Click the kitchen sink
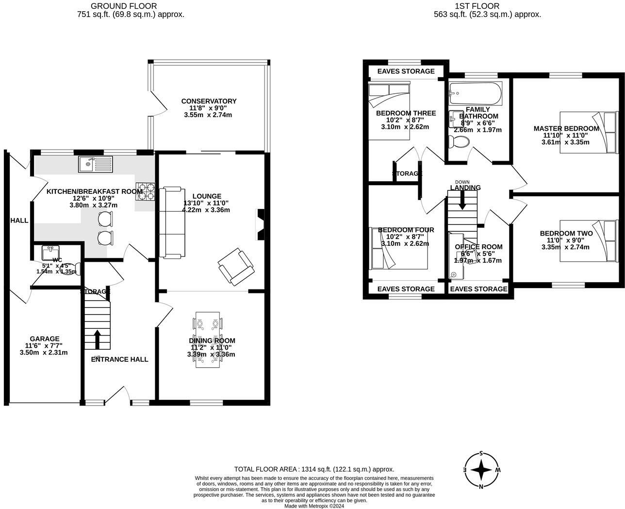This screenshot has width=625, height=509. tap(95, 164)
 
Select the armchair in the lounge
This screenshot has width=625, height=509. tap(236, 267)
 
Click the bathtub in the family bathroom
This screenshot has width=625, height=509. tap(476, 93)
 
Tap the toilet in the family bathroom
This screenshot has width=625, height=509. tap(458, 142)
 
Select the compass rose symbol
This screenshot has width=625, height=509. tap(481, 470)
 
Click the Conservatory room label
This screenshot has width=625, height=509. tap(209, 101)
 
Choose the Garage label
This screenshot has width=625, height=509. tap(45, 339)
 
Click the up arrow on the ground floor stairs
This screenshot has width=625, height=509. tap(97, 339)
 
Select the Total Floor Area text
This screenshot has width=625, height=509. tap(314, 469)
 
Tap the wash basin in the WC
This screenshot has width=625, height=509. tap(50, 253)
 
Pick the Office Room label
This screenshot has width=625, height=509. tap(478, 247)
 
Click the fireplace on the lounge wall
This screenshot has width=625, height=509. tap(260, 225)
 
